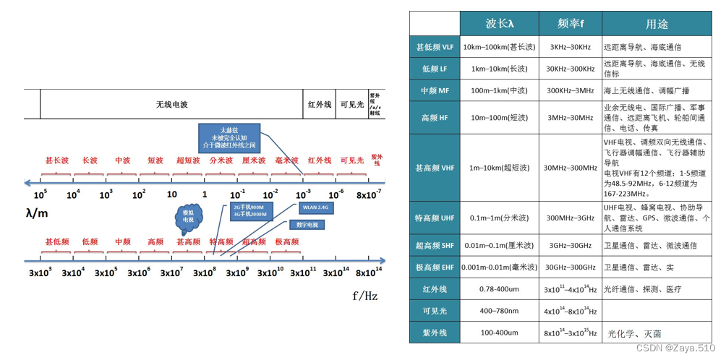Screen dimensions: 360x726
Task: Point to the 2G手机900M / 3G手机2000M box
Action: tap(249, 210)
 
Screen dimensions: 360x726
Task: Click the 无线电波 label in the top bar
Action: tap(171, 104)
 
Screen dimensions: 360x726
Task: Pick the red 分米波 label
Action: tap(221, 160)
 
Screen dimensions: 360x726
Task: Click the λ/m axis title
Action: tap(37, 213)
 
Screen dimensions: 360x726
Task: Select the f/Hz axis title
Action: tap(364, 296)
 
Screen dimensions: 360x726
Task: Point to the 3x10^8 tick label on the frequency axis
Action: tap(204, 273)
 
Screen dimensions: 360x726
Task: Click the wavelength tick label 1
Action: tap(205, 194)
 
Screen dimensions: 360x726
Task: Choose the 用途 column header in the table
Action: tap(657, 24)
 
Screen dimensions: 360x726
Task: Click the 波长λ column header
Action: tap(500, 23)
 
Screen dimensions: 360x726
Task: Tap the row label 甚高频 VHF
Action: tap(435, 168)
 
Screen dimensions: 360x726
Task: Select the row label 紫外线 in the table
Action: tap(435, 333)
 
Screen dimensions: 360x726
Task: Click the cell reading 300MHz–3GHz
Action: tap(570, 218)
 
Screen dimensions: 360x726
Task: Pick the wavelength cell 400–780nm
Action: tap(500, 311)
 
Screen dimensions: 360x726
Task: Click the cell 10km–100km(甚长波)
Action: tap(500, 48)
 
